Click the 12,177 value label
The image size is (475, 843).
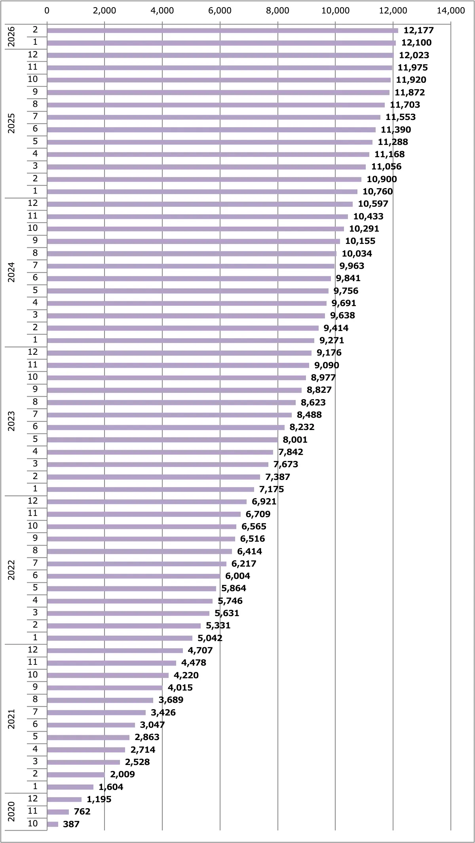click(x=418, y=30)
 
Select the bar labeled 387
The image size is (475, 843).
click(x=53, y=824)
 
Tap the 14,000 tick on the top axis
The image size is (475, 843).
click(x=450, y=11)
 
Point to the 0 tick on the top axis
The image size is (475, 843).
click(x=47, y=11)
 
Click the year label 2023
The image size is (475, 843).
click(x=11, y=421)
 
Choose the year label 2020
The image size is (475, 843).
click(x=11, y=811)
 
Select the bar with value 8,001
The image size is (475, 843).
click(x=162, y=440)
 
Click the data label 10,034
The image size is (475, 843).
click(x=357, y=253)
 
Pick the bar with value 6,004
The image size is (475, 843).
click(x=133, y=576)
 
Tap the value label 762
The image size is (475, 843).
click(x=82, y=811)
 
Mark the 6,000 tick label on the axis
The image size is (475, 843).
click(x=220, y=11)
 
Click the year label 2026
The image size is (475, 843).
click(x=11, y=36)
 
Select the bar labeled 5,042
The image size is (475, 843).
click(x=120, y=638)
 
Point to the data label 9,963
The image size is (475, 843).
click(x=351, y=266)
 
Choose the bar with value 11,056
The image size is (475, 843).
click(x=206, y=167)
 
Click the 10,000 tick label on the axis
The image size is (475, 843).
click(x=335, y=11)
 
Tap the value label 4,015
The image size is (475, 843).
click(x=180, y=687)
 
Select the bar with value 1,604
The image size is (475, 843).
click(x=70, y=787)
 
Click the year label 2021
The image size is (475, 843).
click(x=11, y=719)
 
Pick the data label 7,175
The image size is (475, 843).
click(x=271, y=489)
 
